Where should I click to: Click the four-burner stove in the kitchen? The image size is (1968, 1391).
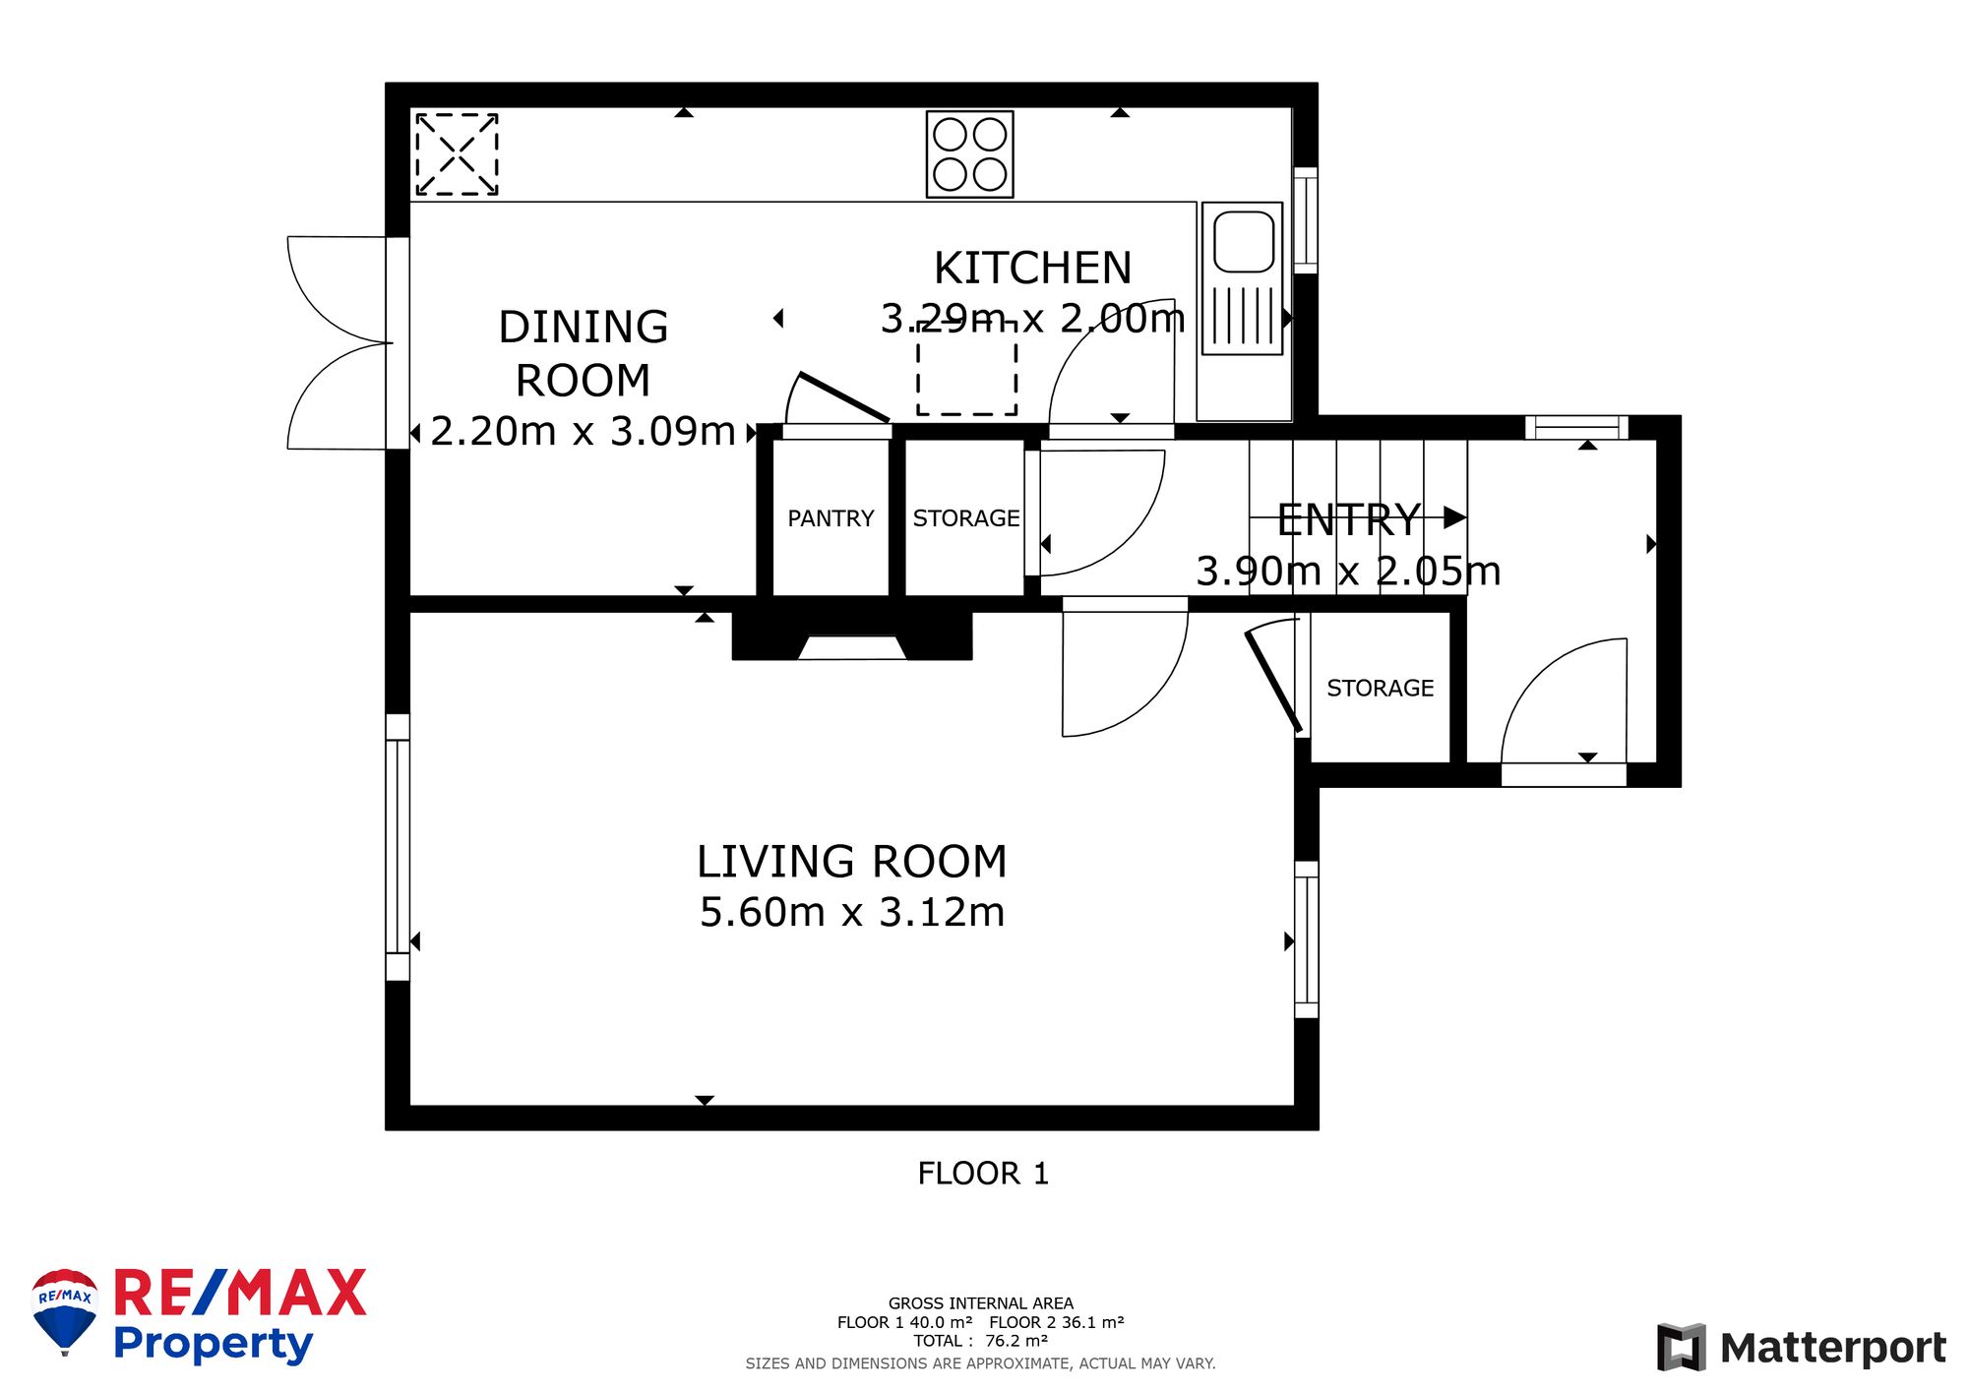point(969,154)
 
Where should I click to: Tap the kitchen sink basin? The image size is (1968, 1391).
point(1244,242)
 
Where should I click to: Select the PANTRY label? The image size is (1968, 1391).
point(830,518)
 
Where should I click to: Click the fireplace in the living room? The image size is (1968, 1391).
point(852,635)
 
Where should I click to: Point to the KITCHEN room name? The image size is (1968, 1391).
point(1032,268)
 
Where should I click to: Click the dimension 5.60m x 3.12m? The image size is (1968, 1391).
point(852,912)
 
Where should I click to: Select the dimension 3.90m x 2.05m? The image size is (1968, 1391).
point(1348,571)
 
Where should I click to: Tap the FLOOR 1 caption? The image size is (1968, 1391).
point(983,1173)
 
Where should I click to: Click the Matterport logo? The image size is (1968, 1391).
point(1802,1347)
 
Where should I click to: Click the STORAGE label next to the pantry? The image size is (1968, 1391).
point(966,518)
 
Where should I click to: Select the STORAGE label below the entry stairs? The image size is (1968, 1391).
point(1380,689)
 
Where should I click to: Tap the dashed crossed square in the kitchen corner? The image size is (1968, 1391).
point(457,154)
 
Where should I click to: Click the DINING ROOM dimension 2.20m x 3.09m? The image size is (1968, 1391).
point(584,431)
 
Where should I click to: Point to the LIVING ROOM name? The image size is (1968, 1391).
point(852,862)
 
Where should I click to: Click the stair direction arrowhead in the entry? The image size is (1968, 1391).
point(1455,516)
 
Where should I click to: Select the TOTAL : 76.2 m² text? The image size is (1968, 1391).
point(980,1341)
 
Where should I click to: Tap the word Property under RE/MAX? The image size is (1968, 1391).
point(213,1345)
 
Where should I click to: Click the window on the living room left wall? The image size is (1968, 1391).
point(398,847)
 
